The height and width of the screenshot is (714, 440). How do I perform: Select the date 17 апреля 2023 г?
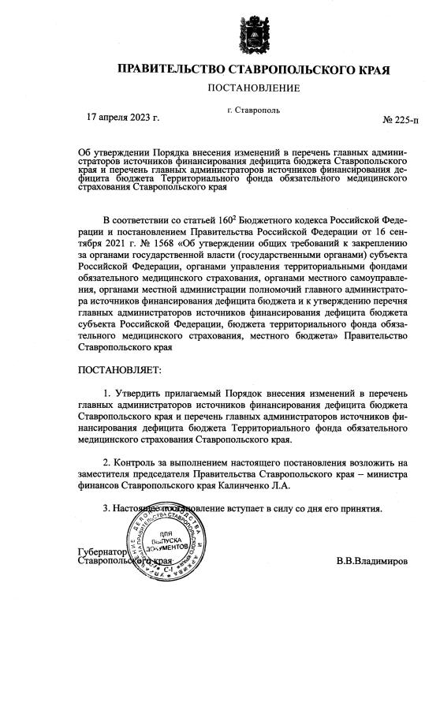pyautogui.click(x=122, y=118)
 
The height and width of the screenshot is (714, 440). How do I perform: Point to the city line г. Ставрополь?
pyautogui.click(x=253, y=110)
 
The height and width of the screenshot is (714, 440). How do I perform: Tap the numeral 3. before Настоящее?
pyautogui.click(x=107, y=507)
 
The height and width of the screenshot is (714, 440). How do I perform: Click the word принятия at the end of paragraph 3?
pyautogui.click(x=362, y=507)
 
